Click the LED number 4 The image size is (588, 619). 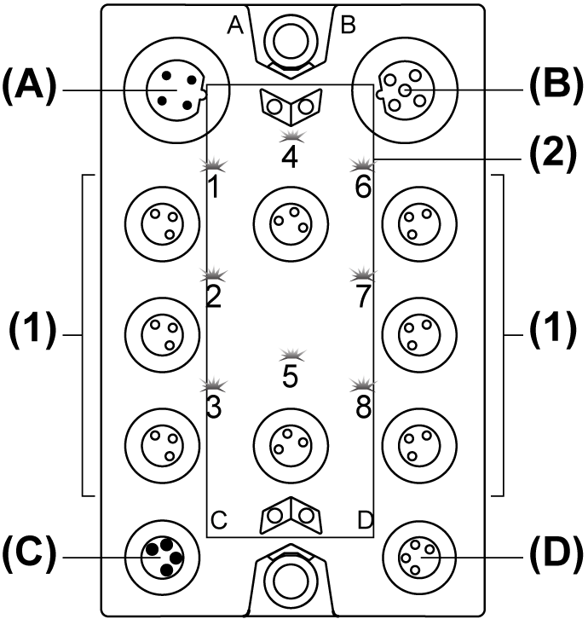(x=291, y=138)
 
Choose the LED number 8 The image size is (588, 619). (x=364, y=385)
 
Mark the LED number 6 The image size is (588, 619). (x=364, y=163)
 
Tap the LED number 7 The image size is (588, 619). (x=364, y=275)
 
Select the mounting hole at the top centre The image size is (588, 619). (x=291, y=37)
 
